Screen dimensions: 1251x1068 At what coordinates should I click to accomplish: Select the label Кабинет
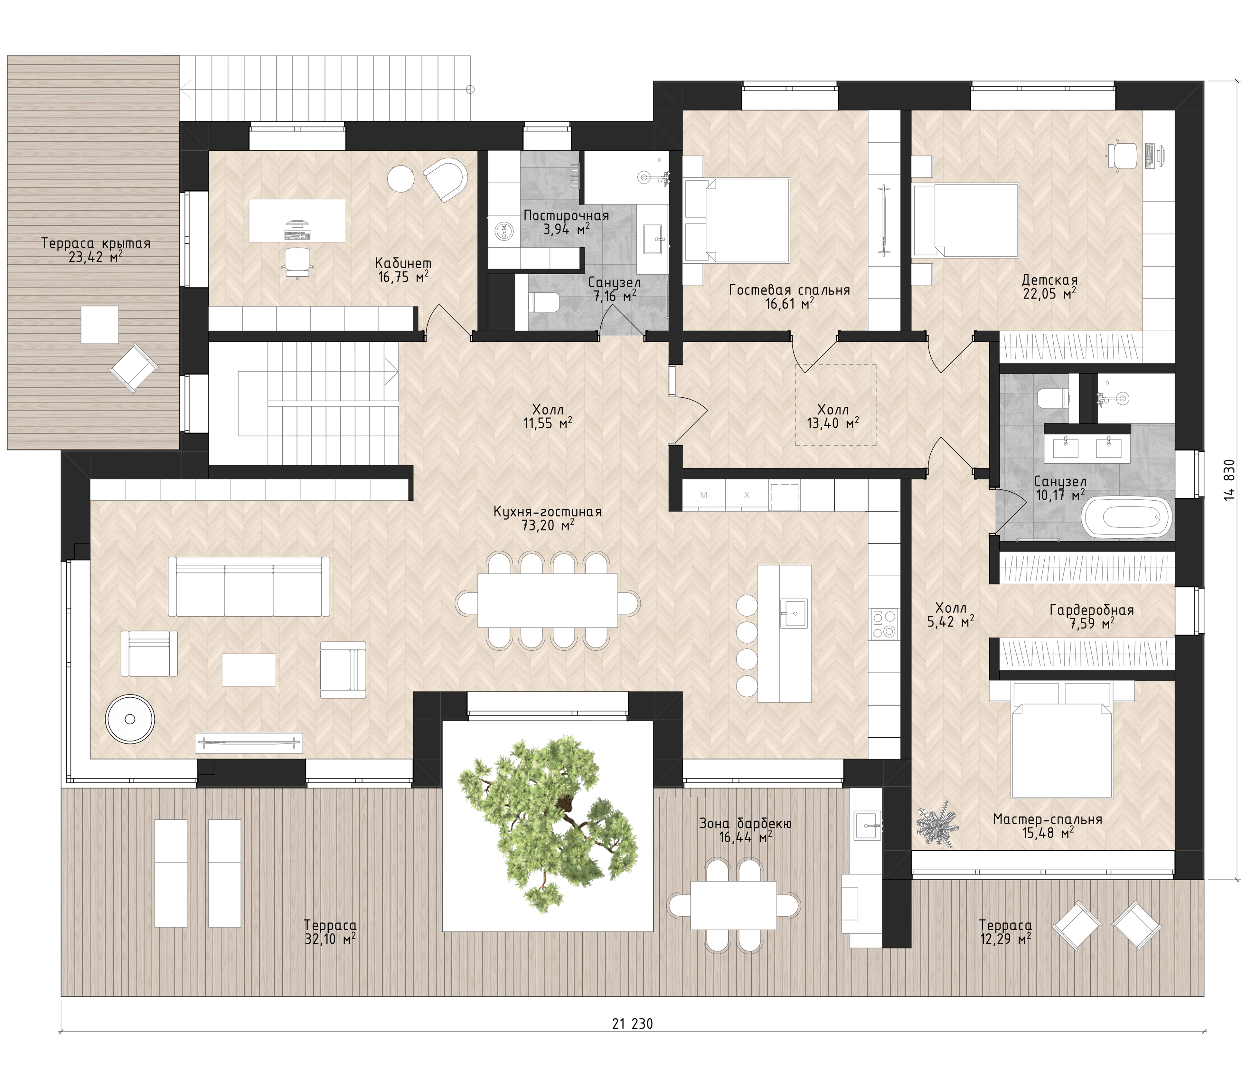[403, 264]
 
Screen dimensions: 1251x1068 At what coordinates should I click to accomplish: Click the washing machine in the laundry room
[503, 230]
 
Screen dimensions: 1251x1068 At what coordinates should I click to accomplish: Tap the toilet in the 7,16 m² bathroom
[545, 302]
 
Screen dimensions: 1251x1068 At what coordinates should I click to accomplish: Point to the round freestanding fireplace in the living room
[130, 718]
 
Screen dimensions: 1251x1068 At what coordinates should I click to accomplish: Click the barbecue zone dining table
[734, 906]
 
